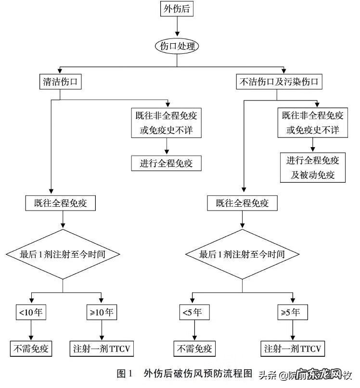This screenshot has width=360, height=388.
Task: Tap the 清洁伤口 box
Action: point(60,82)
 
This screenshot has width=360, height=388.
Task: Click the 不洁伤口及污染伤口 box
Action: point(279,82)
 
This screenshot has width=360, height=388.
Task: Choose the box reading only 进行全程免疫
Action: point(166,163)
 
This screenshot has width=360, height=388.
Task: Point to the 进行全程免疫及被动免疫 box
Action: point(313,167)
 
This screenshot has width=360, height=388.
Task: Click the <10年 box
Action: point(31,312)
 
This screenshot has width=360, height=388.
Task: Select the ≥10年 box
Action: point(101,312)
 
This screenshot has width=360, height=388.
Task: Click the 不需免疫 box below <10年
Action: point(31,348)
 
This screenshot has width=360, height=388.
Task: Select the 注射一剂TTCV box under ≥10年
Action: point(102,348)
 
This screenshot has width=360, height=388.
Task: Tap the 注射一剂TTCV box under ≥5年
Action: point(293,348)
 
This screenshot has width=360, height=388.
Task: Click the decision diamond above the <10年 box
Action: point(63,254)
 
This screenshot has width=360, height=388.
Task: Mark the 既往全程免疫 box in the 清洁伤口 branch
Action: point(61,203)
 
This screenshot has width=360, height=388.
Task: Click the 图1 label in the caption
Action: point(124,373)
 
